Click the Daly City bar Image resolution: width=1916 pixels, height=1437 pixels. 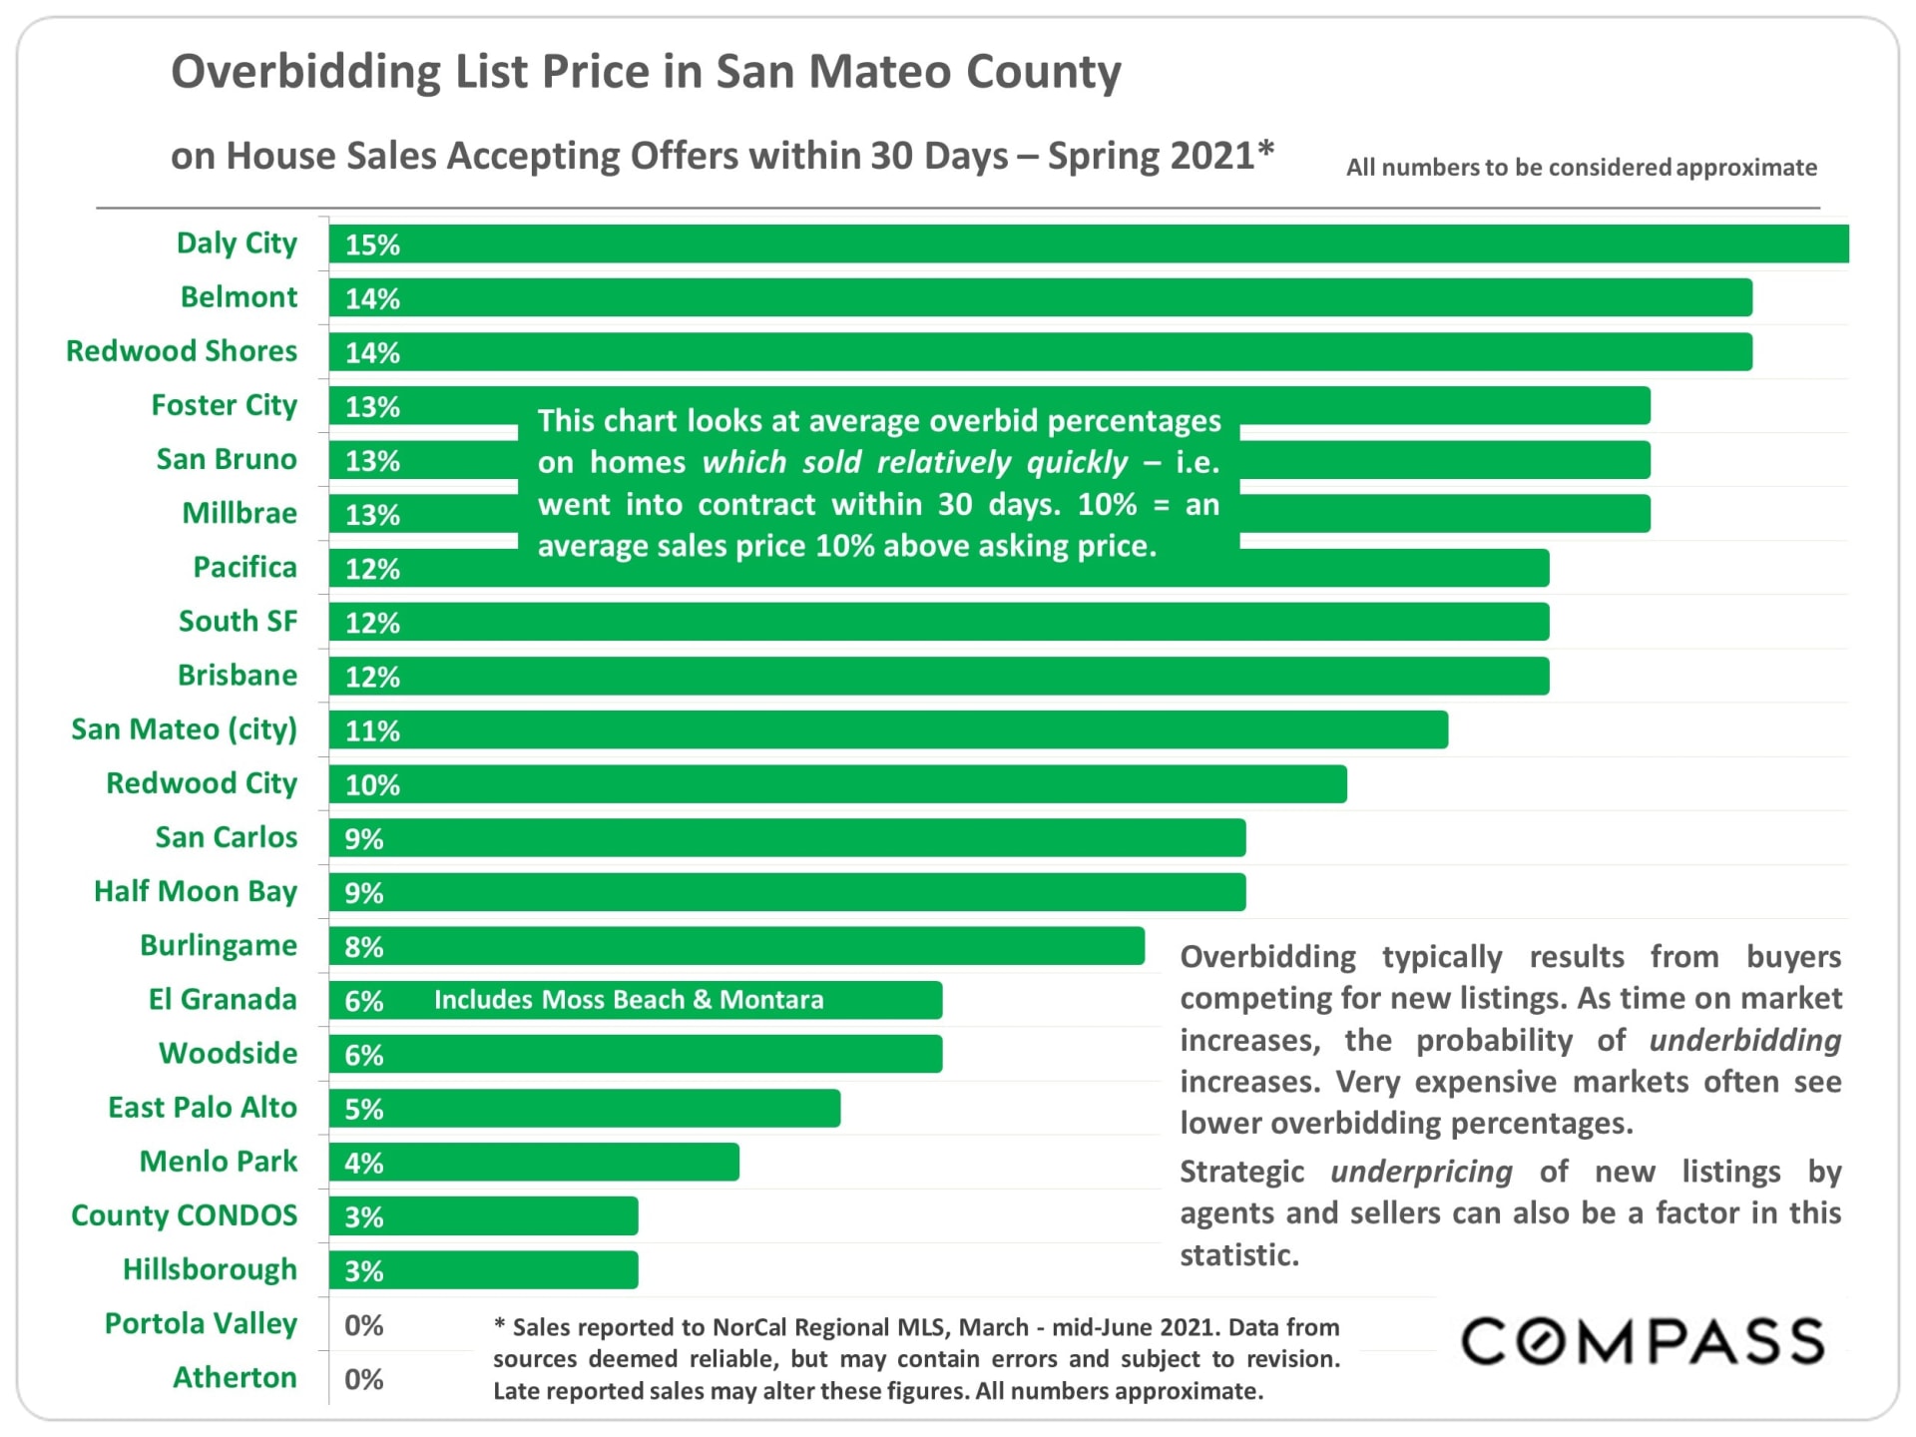pos(1088,244)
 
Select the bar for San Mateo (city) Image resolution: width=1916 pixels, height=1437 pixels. pos(888,730)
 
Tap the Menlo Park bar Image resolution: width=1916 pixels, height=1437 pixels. pos(534,1163)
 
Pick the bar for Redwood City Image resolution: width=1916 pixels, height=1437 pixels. pos(838,784)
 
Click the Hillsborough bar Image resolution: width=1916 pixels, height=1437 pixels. pos(484,1270)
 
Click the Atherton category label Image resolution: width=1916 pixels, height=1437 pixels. pos(236,1377)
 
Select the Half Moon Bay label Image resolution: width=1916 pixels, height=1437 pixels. pos(196,891)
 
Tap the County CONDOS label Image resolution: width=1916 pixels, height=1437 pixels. pos(185,1215)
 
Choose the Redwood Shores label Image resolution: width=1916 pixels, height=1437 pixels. pos(182,351)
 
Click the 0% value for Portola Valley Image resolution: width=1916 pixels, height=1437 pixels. pos(364,1325)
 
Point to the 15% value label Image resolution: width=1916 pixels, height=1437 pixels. pos(372,245)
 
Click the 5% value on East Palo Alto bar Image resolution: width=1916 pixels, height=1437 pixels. pos(364,1110)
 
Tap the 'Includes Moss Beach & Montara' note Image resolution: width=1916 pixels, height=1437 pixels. pos(629,1000)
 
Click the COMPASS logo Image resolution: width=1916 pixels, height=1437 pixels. pos(1643,1341)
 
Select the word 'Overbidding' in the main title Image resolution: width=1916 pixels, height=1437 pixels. pos(305,72)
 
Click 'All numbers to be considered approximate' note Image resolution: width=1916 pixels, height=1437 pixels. pos(1582,168)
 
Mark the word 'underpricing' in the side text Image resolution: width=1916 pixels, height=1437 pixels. pos(1421,1172)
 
